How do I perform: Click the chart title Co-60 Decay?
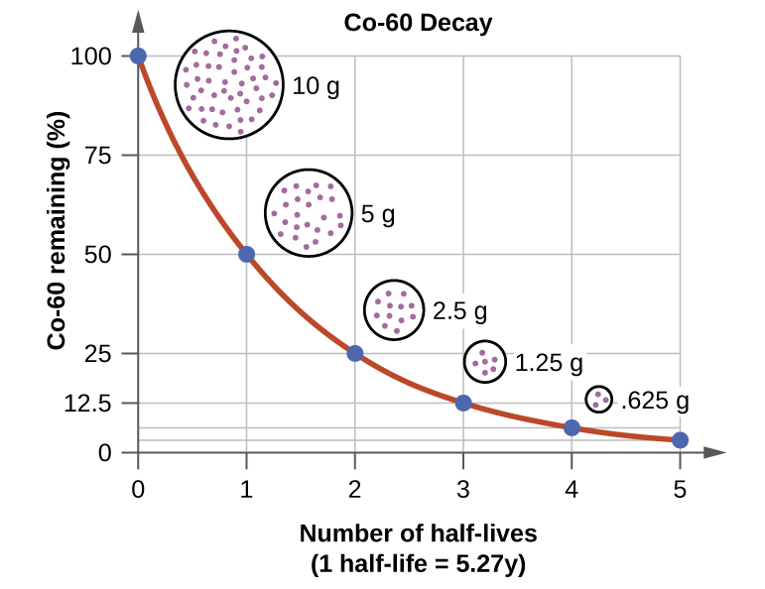[x=418, y=23]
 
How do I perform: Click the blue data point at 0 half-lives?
[x=138, y=57]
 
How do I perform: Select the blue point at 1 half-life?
[x=246, y=254]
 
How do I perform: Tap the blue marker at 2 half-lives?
[x=355, y=353]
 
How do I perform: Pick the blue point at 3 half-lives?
[x=463, y=403]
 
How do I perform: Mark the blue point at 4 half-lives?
[x=572, y=427]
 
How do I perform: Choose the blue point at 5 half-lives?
[x=680, y=440]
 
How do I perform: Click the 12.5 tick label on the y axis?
[x=88, y=404]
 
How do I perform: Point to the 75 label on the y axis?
[x=98, y=156]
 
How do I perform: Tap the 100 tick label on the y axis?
[x=91, y=57]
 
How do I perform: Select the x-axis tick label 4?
[x=572, y=489]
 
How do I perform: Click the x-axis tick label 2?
[x=354, y=489]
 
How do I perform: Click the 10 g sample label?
[x=316, y=86]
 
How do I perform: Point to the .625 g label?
[x=654, y=402]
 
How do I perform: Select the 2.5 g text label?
[x=459, y=311]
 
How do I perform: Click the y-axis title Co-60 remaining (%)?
[x=58, y=231]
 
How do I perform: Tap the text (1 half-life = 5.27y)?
[x=418, y=564]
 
